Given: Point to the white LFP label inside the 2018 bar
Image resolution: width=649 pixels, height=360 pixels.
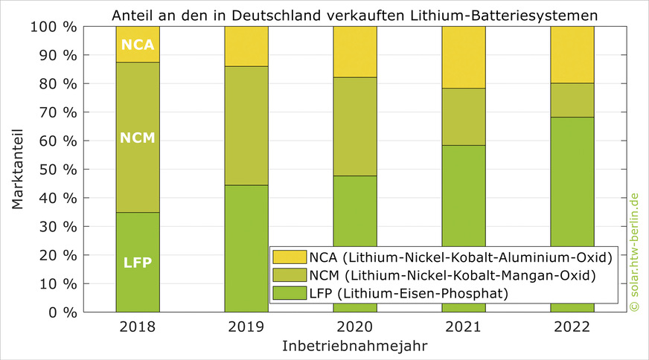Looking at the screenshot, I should pyautogui.click(x=138, y=262).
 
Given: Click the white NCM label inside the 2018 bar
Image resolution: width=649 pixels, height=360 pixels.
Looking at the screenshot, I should pyautogui.click(x=138, y=138).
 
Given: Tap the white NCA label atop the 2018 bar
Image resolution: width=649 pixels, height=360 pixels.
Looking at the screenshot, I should pyautogui.click(x=138, y=45).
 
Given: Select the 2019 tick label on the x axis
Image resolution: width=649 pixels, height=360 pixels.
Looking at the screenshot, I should pyautogui.click(x=246, y=327).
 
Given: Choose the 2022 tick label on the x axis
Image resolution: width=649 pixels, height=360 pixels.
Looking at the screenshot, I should pyautogui.click(x=572, y=327).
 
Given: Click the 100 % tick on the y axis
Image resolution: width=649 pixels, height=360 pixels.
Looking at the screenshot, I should pyautogui.click(x=54, y=27).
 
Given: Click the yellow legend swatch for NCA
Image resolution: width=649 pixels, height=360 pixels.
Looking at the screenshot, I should pyautogui.click(x=285, y=257).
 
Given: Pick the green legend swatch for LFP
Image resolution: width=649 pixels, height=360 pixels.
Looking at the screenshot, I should pyautogui.click(x=285, y=293).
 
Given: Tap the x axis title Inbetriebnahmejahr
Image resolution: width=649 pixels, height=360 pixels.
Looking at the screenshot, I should pyautogui.click(x=354, y=347).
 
